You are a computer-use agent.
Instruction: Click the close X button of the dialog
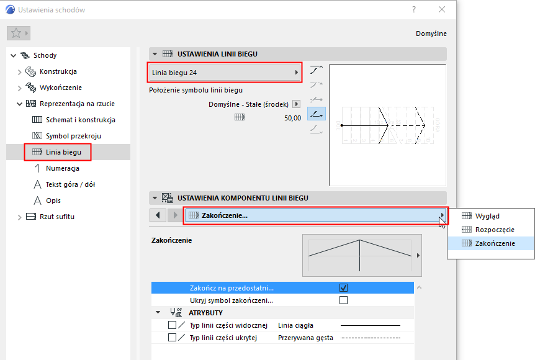pyautogui.click(x=442, y=9)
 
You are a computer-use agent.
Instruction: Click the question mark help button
pyautogui.click(x=414, y=9)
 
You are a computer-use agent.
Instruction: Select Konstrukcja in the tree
pyautogui.click(x=58, y=71)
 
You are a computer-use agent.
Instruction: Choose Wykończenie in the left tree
pyautogui.click(x=61, y=88)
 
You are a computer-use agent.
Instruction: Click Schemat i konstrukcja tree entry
pyautogui.click(x=81, y=120)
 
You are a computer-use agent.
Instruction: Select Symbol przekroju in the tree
pyautogui.click(x=73, y=136)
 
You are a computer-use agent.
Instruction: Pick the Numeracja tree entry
pyautogui.click(x=63, y=168)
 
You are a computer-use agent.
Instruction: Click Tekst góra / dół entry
pyautogui.click(x=70, y=184)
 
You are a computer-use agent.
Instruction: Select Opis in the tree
pyautogui.click(x=53, y=200)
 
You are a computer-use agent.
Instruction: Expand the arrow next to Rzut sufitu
pyautogui.click(x=19, y=217)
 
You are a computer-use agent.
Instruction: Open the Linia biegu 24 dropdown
pyautogui.click(x=225, y=73)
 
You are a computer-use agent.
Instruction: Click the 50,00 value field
pyautogui.click(x=292, y=118)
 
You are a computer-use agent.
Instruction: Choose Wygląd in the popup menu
pyautogui.click(x=487, y=216)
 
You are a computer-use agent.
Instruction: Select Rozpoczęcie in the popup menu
pyautogui.click(x=495, y=230)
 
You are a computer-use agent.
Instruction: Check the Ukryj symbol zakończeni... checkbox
pyautogui.click(x=344, y=300)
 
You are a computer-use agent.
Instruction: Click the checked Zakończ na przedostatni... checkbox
pyautogui.click(x=344, y=287)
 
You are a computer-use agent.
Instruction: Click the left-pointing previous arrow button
pyautogui.click(x=158, y=215)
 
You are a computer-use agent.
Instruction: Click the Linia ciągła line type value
pyautogui.click(x=295, y=325)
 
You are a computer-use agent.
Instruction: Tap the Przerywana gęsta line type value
pyautogui.click(x=305, y=338)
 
